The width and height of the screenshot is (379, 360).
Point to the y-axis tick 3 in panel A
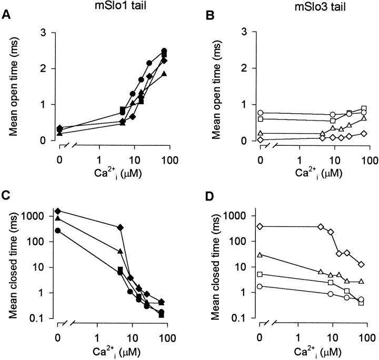[46, 33]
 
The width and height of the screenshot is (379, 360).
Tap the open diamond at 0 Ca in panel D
[260, 226]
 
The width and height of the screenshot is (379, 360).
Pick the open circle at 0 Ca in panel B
[260, 113]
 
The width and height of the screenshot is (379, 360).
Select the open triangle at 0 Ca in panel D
[260, 255]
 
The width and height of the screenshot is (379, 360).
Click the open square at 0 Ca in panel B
[260, 119]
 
